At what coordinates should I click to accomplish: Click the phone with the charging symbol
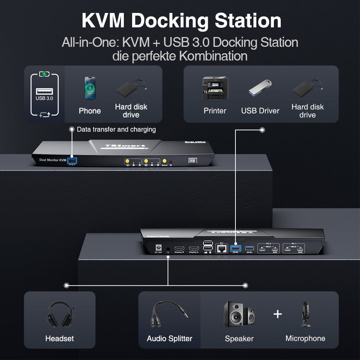(x=90, y=88)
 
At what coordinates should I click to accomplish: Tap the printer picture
(x=215, y=88)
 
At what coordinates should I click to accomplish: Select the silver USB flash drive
(x=260, y=88)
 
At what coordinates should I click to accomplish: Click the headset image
(x=60, y=315)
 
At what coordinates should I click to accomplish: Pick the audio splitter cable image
(x=169, y=314)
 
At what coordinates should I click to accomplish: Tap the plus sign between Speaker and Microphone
(x=277, y=314)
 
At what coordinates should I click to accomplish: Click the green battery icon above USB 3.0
(x=44, y=75)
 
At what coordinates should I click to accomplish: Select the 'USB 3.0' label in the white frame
(x=44, y=98)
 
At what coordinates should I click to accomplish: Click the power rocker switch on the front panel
(x=192, y=161)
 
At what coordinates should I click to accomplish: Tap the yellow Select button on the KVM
(x=165, y=161)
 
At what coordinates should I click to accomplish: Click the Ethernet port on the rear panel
(x=221, y=248)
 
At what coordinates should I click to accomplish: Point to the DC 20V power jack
(x=157, y=248)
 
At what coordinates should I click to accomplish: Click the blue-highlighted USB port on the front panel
(x=72, y=160)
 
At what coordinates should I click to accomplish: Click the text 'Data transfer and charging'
(x=116, y=129)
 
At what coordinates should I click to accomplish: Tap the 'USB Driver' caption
(x=260, y=111)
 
